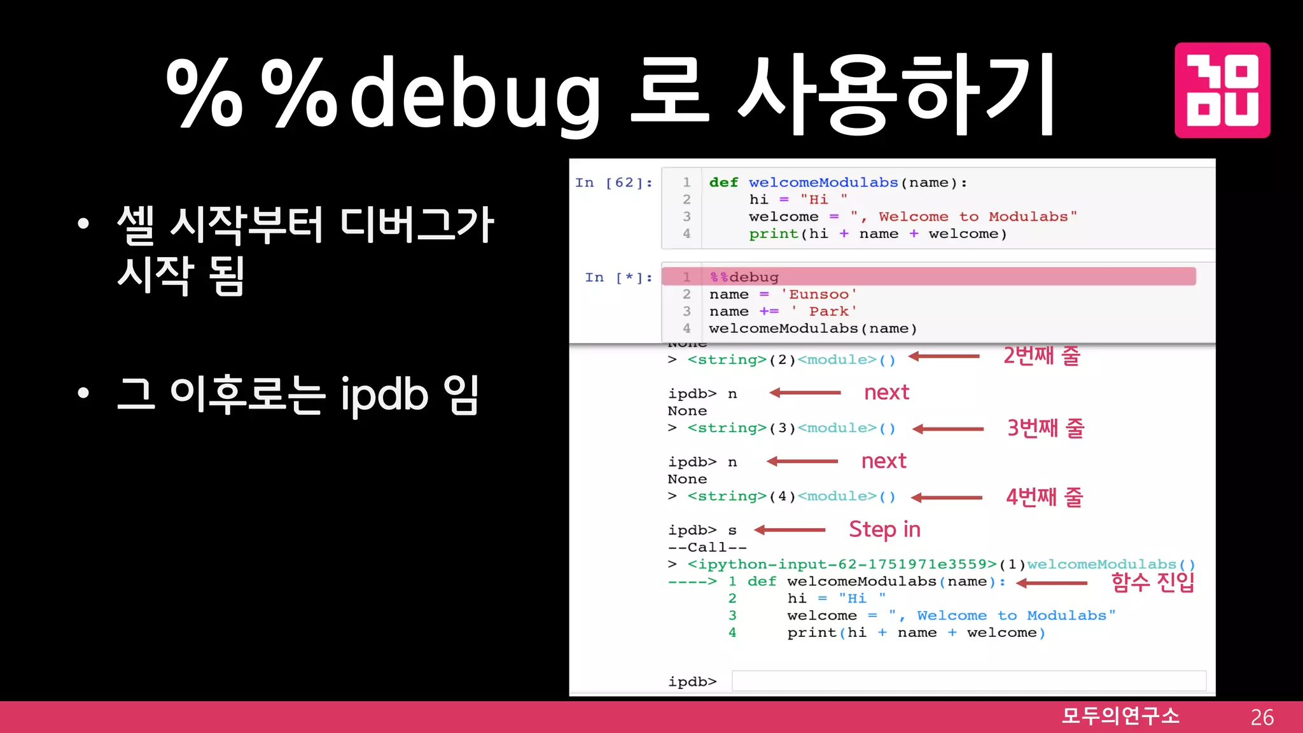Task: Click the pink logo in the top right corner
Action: click(x=1222, y=90)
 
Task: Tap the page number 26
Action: click(x=1262, y=717)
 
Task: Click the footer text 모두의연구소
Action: click(x=1120, y=716)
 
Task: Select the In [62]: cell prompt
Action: click(x=614, y=183)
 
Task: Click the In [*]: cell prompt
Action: click(x=618, y=277)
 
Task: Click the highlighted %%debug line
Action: click(x=744, y=277)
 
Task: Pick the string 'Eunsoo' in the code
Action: click(x=819, y=294)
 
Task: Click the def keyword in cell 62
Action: click(x=723, y=183)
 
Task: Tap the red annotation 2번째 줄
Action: click(x=1042, y=355)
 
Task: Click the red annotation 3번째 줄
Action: click(x=1045, y=428)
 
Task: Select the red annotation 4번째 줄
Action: click(x=1044, y=496)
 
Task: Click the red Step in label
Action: click(x=884, y=529)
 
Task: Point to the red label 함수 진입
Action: click(x=1152, y=582)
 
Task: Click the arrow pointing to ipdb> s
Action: click(x=790, y=529)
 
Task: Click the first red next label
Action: click(x=886, y=393)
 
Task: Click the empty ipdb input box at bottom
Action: click(x=968, y=681)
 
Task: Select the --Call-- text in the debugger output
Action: click(x=707, y=547)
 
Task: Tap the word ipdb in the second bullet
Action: click(x=385, y=394)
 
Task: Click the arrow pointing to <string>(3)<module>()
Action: click(x=948, y=429)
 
